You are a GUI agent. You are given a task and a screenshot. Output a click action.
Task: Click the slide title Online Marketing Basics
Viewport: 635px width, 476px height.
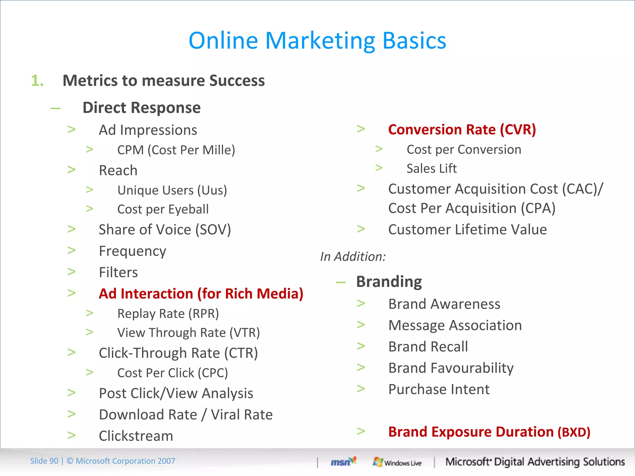point(317,41)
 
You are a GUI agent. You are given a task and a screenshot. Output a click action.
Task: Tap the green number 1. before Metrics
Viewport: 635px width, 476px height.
point(37,81)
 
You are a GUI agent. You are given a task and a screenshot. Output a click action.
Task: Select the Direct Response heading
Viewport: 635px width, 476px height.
point(141,108)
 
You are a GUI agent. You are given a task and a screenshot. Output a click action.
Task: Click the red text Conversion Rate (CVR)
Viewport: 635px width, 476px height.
point(462,130)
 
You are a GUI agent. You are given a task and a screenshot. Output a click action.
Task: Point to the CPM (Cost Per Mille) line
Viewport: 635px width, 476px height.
point(176,150)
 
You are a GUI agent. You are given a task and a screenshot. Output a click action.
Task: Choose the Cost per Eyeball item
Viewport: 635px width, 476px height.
point(163,209)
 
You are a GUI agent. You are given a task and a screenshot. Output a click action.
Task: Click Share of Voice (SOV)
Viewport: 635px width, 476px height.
point(165,230)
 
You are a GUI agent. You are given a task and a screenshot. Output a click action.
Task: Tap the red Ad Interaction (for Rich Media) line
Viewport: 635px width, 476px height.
point(201,294)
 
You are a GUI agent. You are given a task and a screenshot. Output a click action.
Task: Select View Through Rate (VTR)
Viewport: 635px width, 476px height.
point(188,333)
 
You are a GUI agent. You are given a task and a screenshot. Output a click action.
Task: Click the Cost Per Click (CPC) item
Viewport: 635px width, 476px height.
point(172,373)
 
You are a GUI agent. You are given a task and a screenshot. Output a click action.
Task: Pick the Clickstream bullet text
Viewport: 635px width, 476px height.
point(136,436)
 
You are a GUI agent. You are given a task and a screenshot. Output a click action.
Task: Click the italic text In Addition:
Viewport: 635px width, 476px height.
point(353,257)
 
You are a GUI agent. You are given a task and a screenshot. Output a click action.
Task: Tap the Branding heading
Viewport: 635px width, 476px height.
point(389,282)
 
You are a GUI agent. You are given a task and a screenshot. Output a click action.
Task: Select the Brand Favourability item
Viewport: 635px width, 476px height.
point(451,368)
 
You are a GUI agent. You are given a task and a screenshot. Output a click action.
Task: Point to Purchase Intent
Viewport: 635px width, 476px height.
point(439,390)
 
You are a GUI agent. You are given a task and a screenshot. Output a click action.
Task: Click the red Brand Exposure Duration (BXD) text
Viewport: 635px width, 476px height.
point(489,432)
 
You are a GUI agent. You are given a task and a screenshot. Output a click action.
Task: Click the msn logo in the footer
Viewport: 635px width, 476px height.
point(343,462)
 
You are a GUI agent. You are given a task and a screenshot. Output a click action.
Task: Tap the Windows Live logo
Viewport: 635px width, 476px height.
point(397,462)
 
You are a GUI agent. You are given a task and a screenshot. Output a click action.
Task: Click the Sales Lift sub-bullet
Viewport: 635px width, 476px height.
point(431,169)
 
